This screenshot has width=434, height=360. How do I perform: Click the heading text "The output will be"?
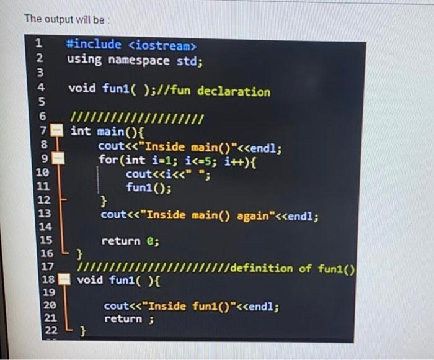(x=64, y=19)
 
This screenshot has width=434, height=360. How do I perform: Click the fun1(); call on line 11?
(x=148, y=187)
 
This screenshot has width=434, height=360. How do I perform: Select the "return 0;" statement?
(x=130, y=241)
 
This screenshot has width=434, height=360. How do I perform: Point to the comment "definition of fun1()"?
(x=293, y=268)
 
